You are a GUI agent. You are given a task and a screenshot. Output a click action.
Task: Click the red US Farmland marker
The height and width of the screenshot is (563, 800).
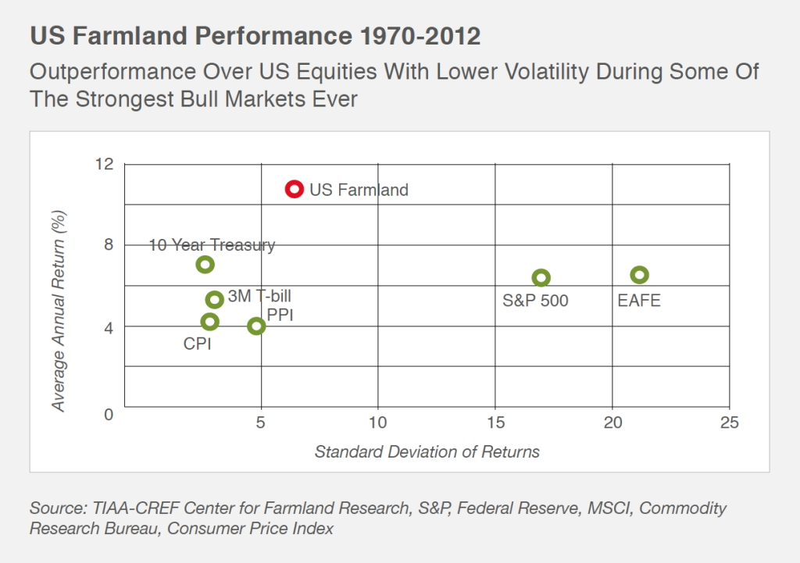point(294,188)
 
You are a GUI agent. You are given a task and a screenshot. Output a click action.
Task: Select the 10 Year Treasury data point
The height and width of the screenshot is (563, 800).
point(205,264)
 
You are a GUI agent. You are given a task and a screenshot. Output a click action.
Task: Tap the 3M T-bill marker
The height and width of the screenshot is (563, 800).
point(215,299)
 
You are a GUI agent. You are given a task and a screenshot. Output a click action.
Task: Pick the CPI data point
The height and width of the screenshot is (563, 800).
point(209,322)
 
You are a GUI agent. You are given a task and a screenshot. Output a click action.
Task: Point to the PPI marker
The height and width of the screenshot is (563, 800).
point(256,326)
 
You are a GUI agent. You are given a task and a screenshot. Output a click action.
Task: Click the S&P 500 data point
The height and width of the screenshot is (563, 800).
point(541,277)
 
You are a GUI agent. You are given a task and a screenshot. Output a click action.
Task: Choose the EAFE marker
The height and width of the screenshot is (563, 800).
point(640,275)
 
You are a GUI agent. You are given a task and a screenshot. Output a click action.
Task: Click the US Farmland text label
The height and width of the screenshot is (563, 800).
point(359,190)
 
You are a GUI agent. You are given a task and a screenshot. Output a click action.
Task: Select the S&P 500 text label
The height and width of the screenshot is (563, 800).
point(535,301)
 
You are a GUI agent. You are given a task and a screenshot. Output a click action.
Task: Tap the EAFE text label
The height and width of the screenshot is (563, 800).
point(639,301)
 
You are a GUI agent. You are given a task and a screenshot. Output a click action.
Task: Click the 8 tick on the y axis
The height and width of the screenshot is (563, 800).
point(109,244)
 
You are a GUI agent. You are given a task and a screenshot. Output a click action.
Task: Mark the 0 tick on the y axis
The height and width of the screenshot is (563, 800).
point(109,414)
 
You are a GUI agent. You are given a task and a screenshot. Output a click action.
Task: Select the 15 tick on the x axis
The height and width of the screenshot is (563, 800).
point(495,422)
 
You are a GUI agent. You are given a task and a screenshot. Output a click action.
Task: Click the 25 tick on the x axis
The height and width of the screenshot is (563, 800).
point(729,422)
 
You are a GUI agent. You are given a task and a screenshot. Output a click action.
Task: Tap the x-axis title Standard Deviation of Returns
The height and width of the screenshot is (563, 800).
point(427,452)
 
